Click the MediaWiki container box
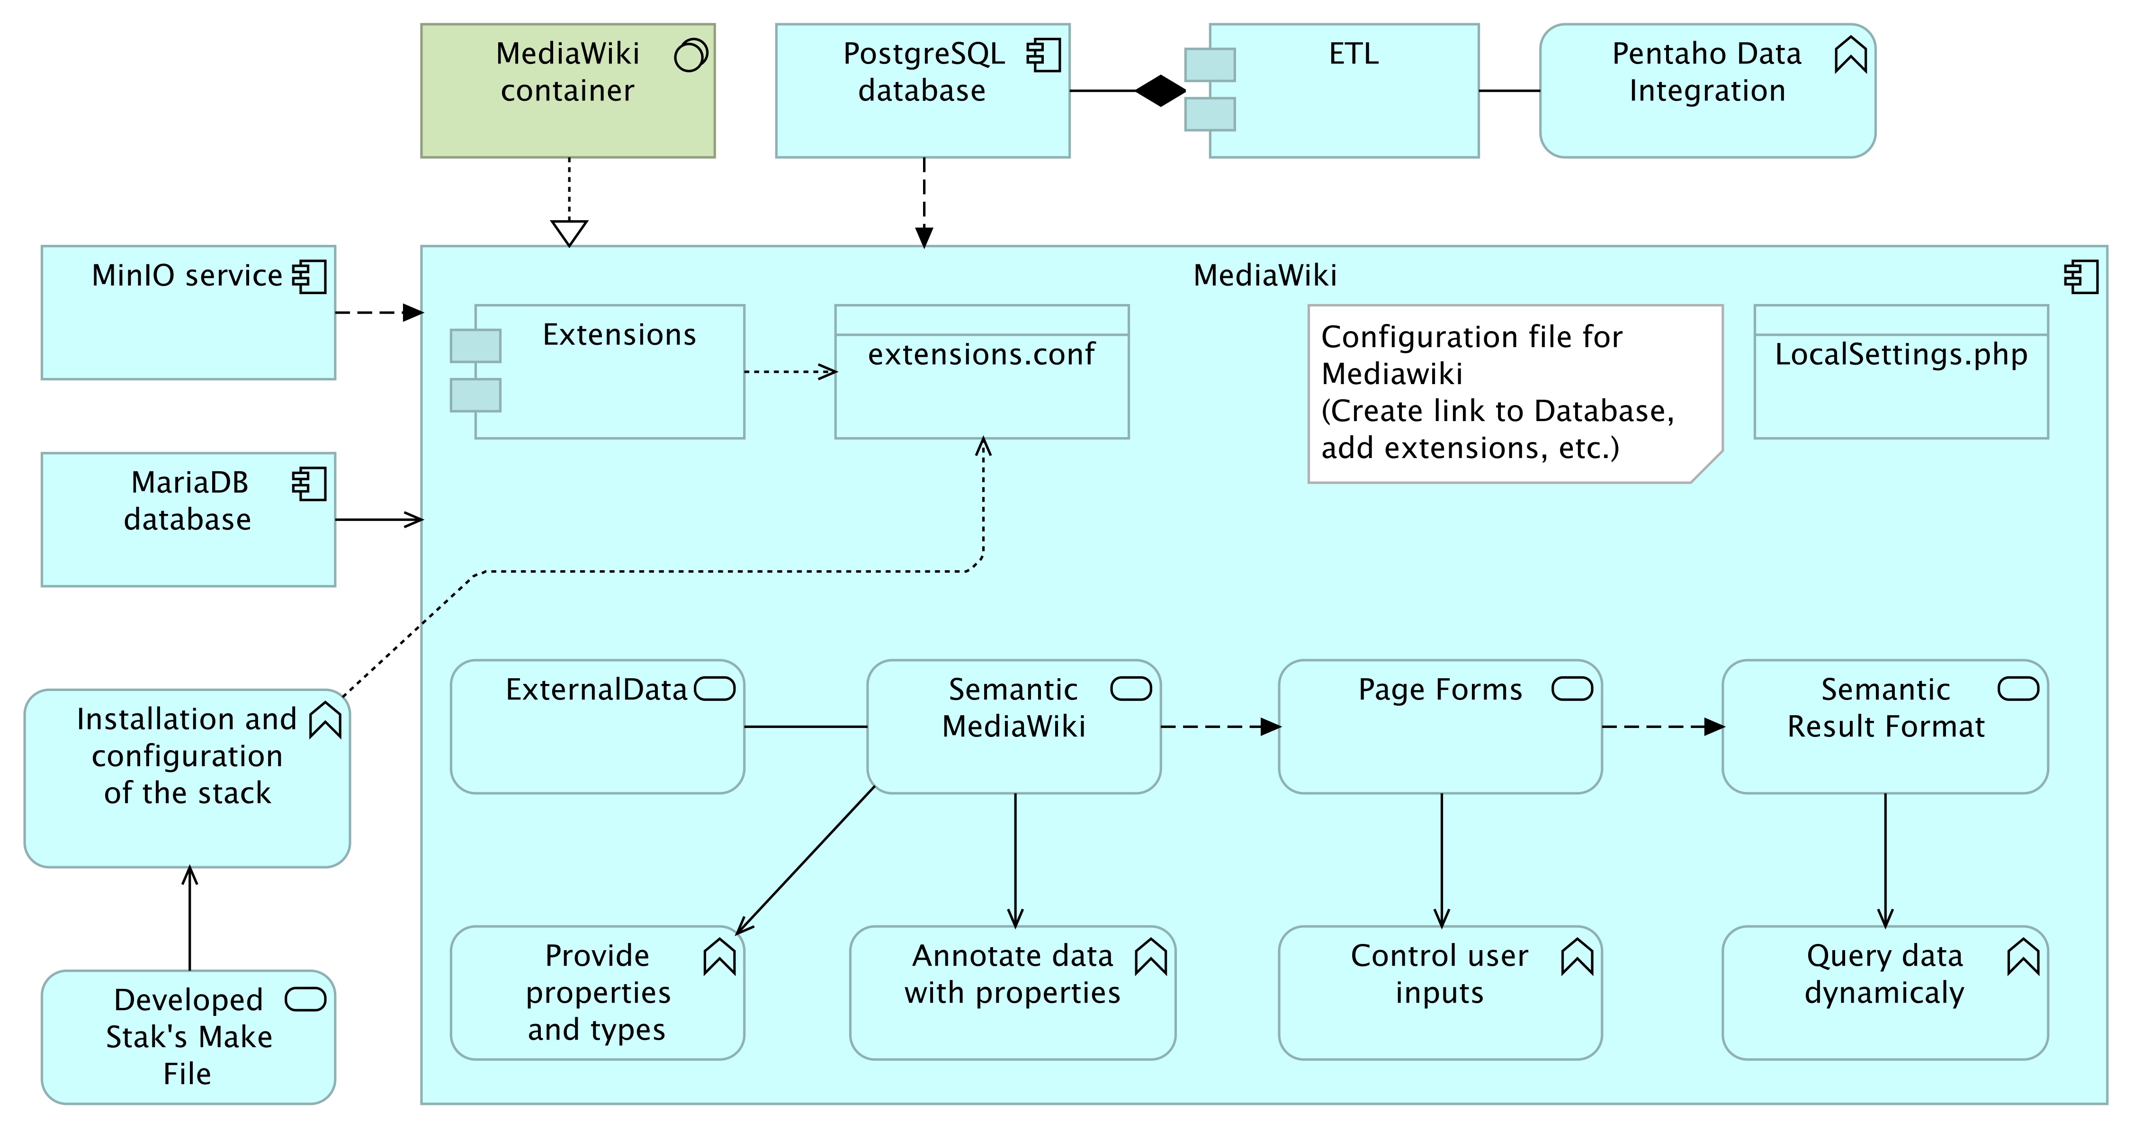567,90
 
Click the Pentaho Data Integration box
1707,90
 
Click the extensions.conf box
982,371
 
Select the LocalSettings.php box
1901,371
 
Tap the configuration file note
1515,394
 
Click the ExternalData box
597,727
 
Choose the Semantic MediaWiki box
1014,727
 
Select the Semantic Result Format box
1885,727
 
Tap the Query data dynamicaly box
1885,993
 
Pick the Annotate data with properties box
1013,993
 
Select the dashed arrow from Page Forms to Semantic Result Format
1663,727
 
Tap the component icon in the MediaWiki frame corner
2081,277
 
